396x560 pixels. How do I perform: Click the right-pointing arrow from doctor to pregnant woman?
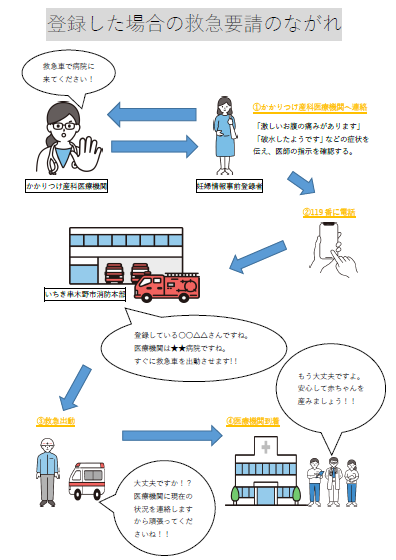[x=150, y=147]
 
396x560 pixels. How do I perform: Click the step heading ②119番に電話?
[x=330, y=212]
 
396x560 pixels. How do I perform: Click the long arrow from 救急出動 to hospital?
[x=171, y=435]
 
